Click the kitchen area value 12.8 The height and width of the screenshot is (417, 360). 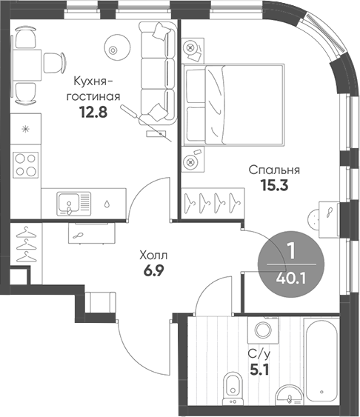[x=93, y=112]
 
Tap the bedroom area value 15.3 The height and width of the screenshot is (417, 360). [x=274, y=185]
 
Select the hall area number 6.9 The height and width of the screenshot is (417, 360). [x=154, y=271]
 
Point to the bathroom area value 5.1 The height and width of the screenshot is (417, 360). [x=259, y=369]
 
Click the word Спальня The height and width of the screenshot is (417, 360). [x=274, y=170]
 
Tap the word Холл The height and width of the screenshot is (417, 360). [x=153, y=256]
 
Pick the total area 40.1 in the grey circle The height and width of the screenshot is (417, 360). [x=291, y=278]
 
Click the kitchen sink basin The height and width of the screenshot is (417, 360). [x=69, y=203]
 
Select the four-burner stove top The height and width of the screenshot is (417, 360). [x=26, y=165]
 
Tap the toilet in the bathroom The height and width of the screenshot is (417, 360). [x=233, y=389]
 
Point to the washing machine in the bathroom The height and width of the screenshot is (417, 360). [x=263, y=330]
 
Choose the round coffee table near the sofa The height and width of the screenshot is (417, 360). [x=117, y=48]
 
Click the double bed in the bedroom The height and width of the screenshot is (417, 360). [x=233, y=104]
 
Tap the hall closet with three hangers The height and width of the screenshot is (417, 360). [x=26, y=244]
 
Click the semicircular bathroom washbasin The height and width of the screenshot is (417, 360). [x=289, y=394]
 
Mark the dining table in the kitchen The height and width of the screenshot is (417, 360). [x=27, y=65]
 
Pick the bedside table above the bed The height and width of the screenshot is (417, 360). [x=193, y=50]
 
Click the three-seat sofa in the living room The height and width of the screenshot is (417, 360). [x=158, y=73]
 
